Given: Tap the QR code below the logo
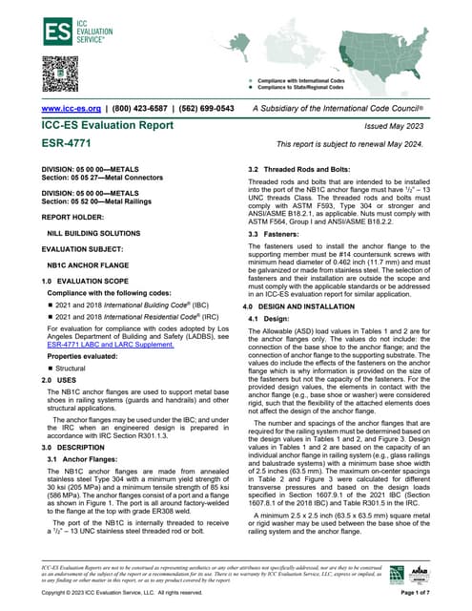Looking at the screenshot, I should tap(59, 74).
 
